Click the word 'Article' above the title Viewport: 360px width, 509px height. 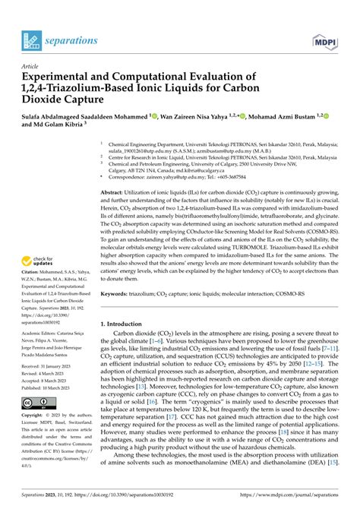[31, 67]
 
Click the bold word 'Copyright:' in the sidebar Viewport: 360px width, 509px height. [35, 416]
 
